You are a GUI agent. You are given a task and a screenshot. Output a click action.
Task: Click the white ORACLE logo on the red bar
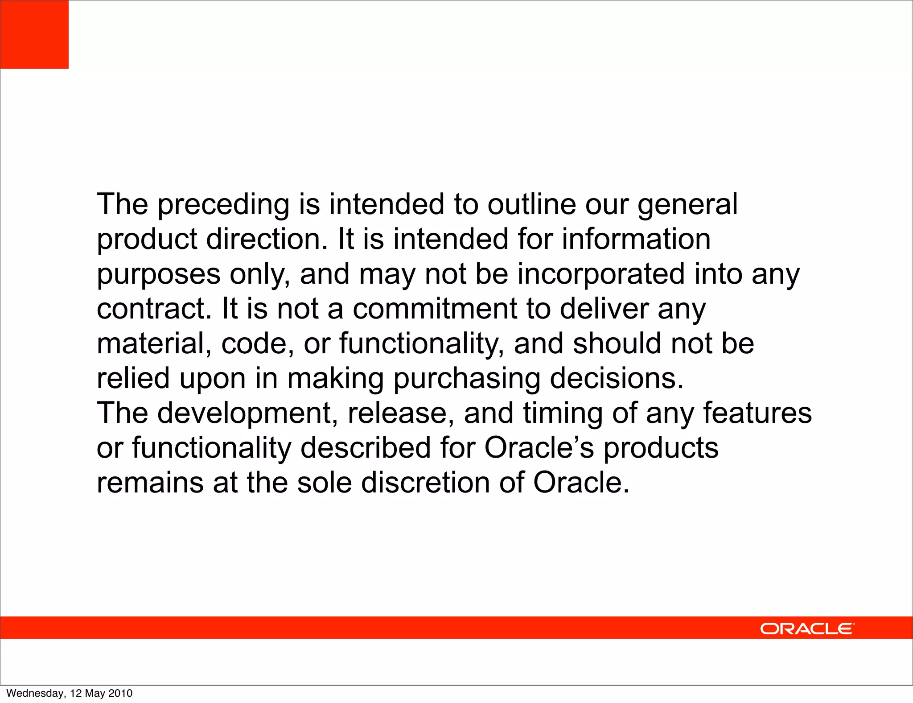click(x=807, y=629)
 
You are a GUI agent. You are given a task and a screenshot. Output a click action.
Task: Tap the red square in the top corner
click(x=34, y=34)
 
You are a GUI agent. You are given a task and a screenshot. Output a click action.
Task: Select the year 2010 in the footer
click(x=120, y=693)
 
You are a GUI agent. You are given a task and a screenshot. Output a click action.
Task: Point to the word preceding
click(x=223, y=205)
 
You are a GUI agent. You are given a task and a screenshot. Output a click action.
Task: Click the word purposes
click(x=159, y=274)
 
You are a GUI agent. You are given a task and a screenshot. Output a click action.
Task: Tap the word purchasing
click(x=466, y=379)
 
